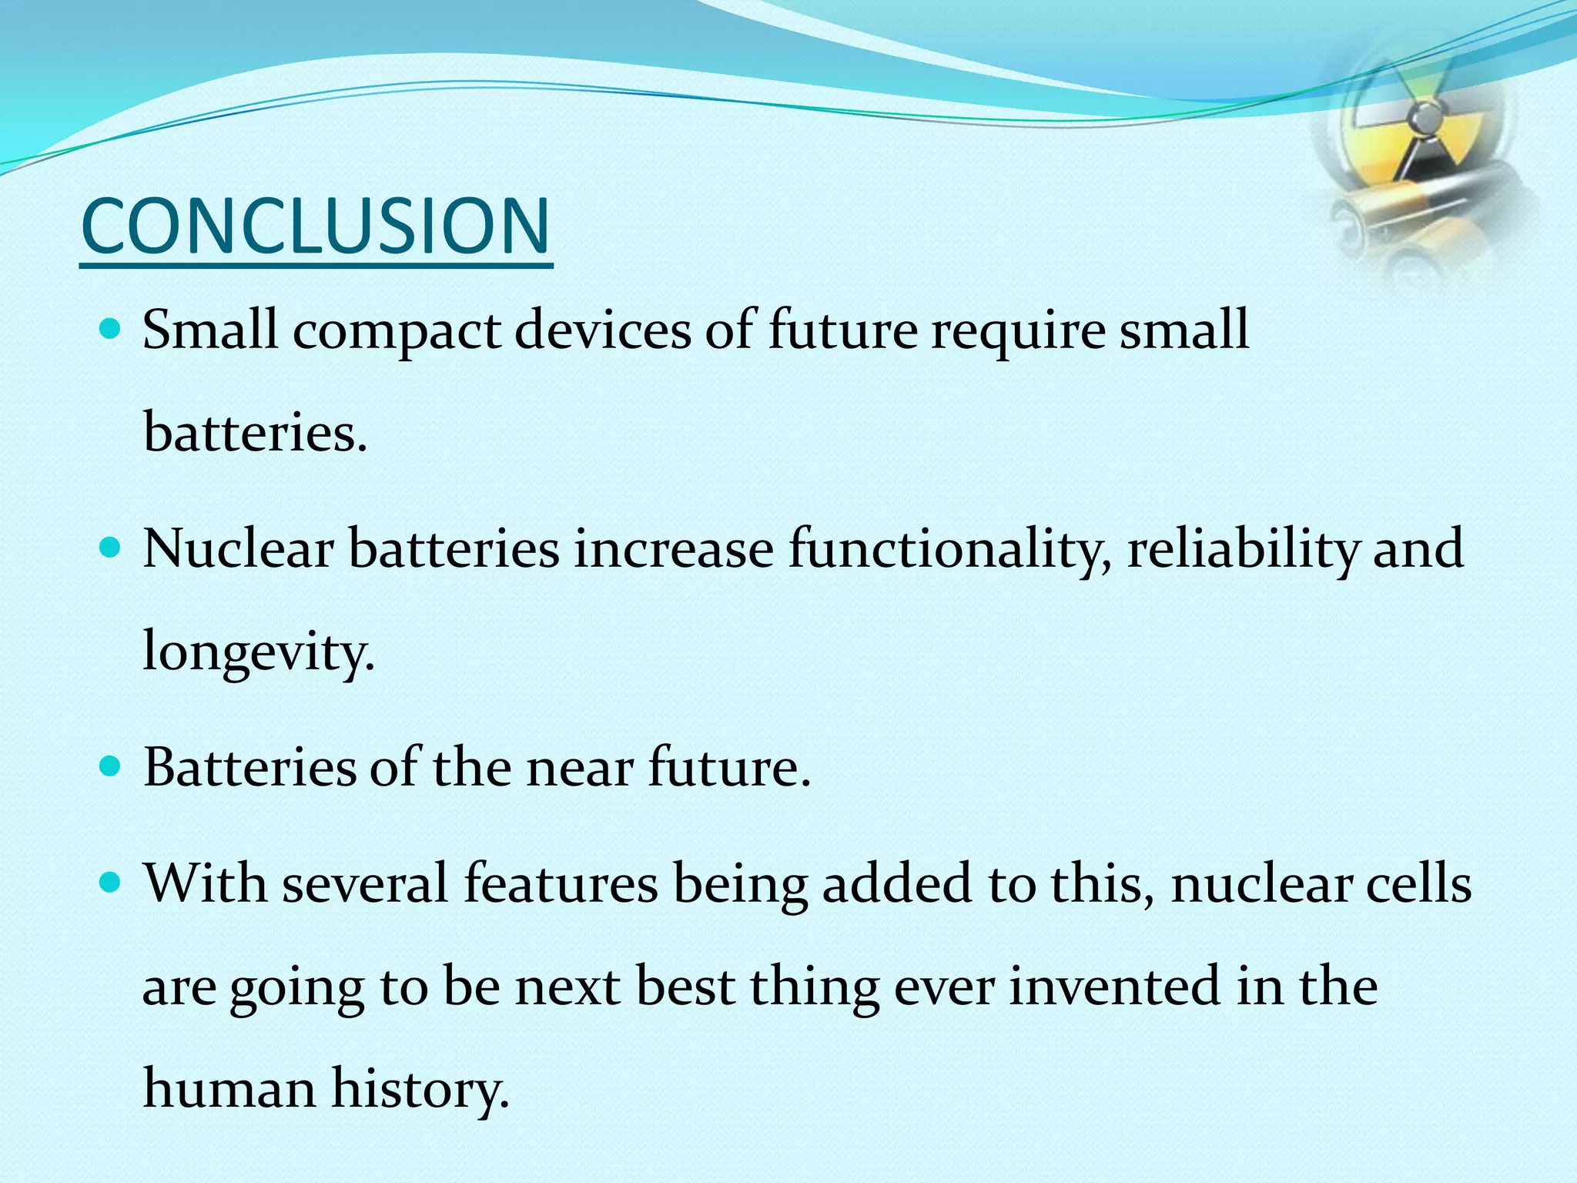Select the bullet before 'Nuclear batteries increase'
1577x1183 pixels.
tap(112, 548)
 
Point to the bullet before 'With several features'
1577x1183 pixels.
tap(112, 883)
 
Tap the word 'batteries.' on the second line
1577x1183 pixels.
tap(255, 433)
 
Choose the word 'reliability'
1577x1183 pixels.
tap(1242, 551)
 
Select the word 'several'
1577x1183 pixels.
tap(365, 883)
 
